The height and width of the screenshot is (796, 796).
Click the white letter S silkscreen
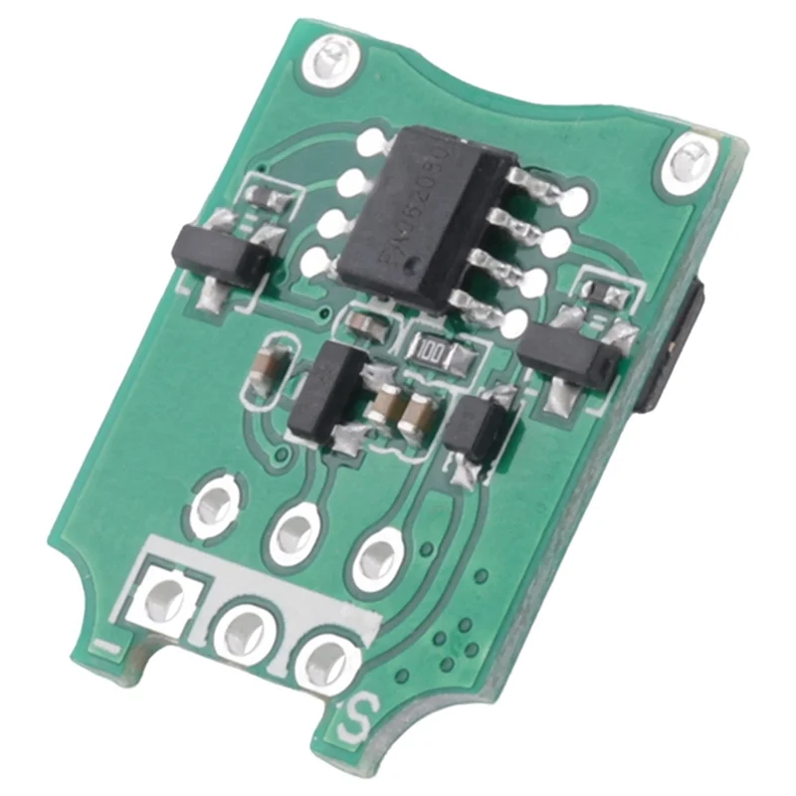tap(353, 715)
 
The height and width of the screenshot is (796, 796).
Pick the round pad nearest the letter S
tap(326, 658)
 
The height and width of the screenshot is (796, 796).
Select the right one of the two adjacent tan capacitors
tap(417, 409)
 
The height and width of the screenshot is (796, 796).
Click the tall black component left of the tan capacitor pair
tap(328, 390)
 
